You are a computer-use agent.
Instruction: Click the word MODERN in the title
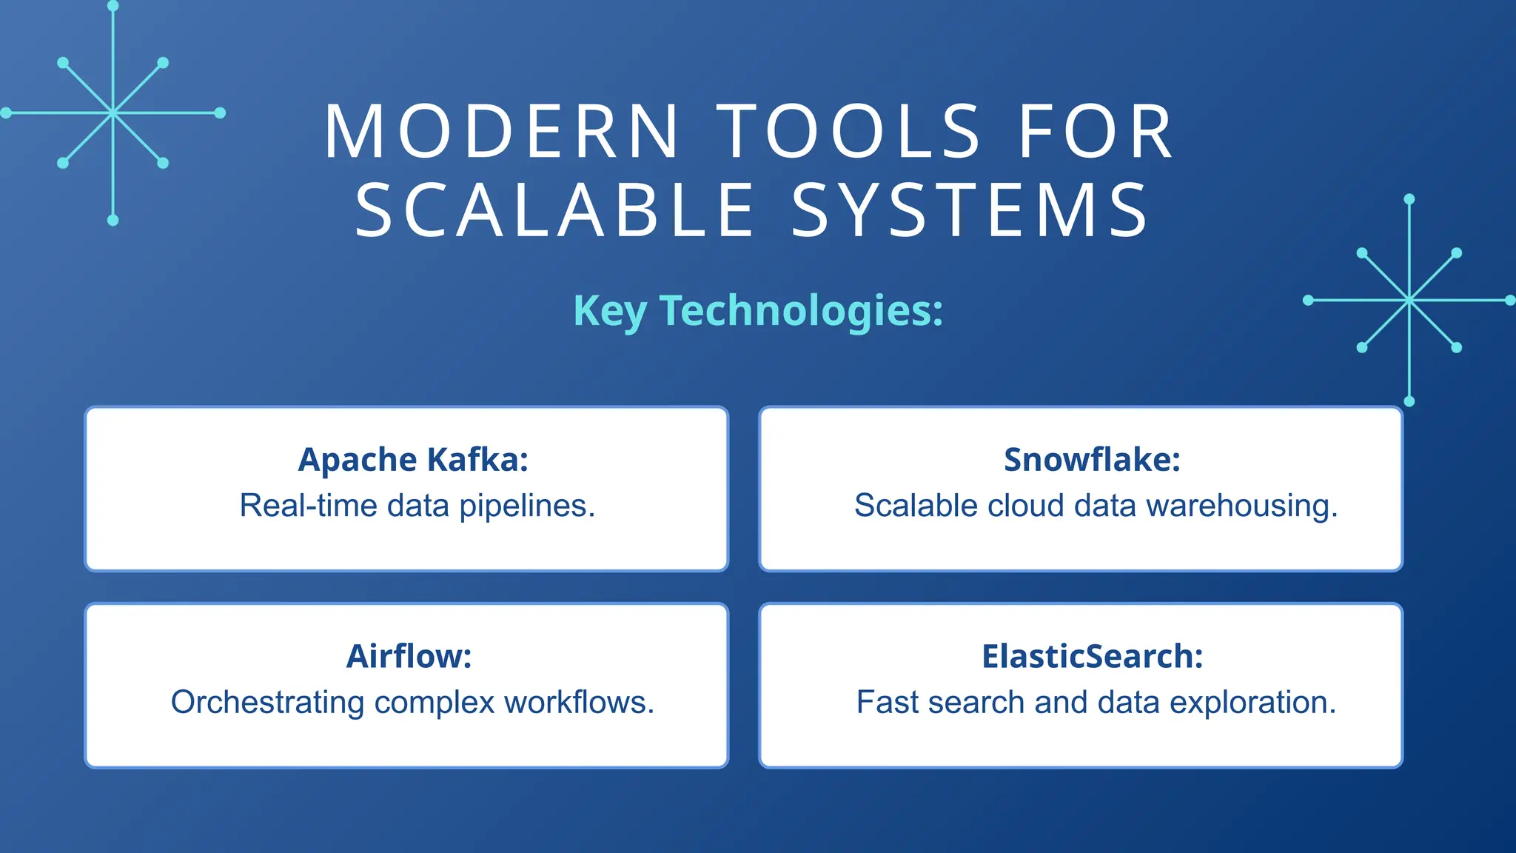[x=501, y=132]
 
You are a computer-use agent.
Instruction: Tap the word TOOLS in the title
[x=851, y=132]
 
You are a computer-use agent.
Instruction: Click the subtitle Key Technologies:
[x=758, y=310]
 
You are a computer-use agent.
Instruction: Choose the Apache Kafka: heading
[x=413, y=460]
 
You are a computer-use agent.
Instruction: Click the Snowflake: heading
[x=1092, y=460]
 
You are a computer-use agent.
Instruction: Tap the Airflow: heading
[x=409, y=656]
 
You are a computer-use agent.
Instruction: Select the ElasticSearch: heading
[x=1092, y=656]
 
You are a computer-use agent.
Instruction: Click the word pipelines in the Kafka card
[x=527, y=506]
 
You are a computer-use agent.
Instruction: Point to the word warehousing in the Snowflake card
[x=1242, y=506]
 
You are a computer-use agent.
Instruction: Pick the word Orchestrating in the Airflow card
[x=267, y=703]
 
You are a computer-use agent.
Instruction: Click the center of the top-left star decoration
[x=113, y=113]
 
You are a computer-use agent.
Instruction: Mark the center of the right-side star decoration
[x=1409, y=300]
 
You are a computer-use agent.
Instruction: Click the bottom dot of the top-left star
[x=113, y=220]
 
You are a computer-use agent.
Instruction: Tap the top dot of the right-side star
[x=1409, y=199]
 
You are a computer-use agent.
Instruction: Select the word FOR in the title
[x=1096, y=132]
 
